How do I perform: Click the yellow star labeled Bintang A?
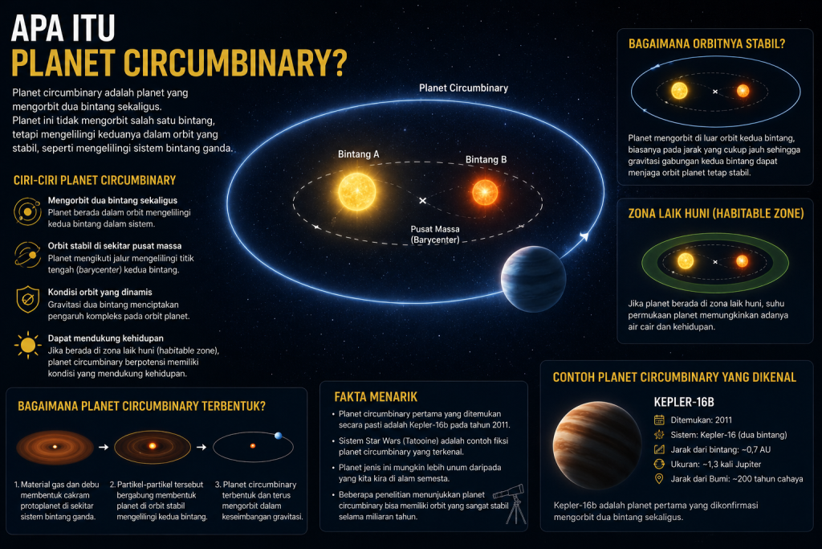pos(357,191)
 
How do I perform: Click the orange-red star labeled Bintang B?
pos(485,192)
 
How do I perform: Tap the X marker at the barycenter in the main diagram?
pos(422,200)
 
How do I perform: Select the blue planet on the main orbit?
pos(533,279)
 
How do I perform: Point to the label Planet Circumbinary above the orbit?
pos(463,88)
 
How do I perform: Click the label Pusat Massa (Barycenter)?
pos(435,234)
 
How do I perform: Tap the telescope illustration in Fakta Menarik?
pos(511,503)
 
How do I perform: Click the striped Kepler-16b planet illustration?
pos(597,445)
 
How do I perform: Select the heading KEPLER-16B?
pos(684,402)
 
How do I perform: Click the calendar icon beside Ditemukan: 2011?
pos(659,420)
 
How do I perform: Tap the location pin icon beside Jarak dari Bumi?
pos(659,479)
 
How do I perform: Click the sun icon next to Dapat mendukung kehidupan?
pos(28,346)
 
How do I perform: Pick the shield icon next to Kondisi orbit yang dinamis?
pos(28,299)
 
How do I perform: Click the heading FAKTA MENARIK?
pos(376,397)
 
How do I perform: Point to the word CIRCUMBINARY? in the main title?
pos(235,64)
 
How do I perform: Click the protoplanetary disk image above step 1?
pos(55,447)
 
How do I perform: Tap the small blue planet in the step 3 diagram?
pos(279,436)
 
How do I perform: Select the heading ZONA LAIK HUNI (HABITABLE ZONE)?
pos(715,214)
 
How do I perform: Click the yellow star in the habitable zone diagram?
pos(686,261)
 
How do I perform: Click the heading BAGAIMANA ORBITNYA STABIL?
pos(706,44)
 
